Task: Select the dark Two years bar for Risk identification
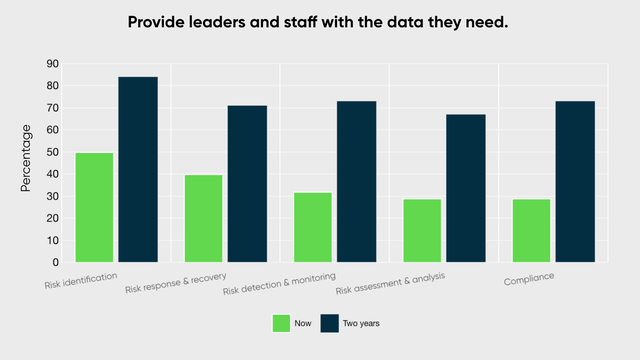tap(138, 169)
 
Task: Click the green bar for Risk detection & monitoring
tap(312, 227)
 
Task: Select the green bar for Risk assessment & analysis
tap(422, 230)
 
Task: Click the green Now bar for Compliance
tap(531, 230)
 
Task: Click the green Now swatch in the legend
tap(281, 322)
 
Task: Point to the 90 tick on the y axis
tap(52, 64)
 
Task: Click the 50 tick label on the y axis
tap(52, 152)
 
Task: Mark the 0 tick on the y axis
tap(56, 262)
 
